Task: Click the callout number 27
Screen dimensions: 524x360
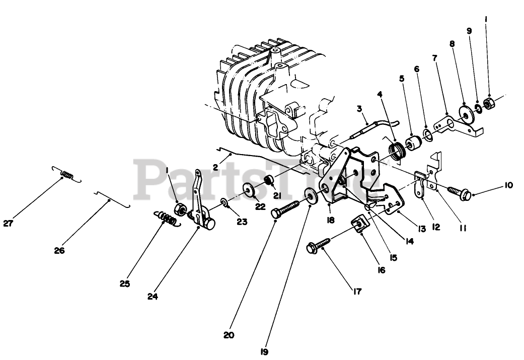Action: click(8, 225)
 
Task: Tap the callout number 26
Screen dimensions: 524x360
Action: click(60, 250)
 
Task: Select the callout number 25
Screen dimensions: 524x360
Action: click(125, 284)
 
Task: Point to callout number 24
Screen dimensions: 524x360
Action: click(153, 297)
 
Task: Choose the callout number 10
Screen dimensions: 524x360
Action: click(508, 185)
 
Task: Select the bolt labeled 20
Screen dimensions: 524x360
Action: click(285, 208)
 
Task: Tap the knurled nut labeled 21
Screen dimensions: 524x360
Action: click(269, 180)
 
